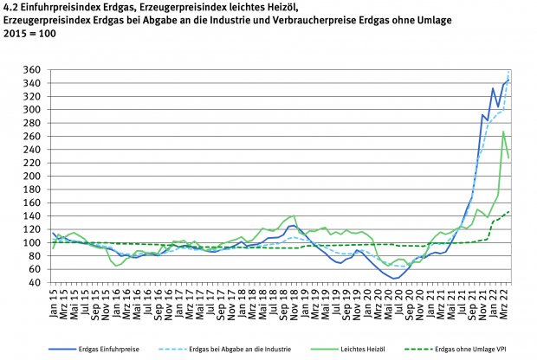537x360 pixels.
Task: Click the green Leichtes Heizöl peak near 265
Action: point(503,132)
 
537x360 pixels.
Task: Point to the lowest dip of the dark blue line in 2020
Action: point(394,279)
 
